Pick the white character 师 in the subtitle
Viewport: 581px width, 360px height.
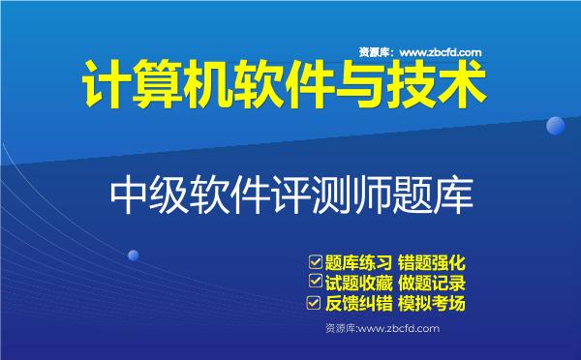[371, 194]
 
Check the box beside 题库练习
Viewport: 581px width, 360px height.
[314, 261]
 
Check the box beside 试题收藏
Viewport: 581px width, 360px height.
[314, 283]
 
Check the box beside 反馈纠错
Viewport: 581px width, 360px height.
[314, 304]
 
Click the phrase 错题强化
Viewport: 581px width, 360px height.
[434, 262]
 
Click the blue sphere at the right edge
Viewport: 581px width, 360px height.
[556, 126]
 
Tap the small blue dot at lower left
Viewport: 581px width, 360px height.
[133, 255]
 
